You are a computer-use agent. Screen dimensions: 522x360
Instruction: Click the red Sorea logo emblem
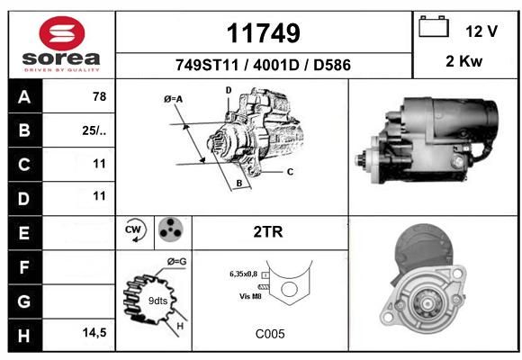[x=62, y=33]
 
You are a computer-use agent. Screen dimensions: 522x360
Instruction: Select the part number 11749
[x=264, y=33]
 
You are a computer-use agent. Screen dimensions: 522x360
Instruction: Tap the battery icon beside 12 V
[x=434, y=26]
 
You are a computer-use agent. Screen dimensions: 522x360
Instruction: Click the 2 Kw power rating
[x=464, y=61]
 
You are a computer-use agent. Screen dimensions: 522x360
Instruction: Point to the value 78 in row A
[x=100, y=96]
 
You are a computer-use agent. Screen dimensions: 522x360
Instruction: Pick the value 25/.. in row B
[x=94, y=130]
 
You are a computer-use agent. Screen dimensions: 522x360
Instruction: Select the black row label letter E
[x=24, y=233]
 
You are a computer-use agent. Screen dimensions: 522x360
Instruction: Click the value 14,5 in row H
[x=94, y=332]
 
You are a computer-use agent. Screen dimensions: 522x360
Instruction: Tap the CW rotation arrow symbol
[x=134, y=229]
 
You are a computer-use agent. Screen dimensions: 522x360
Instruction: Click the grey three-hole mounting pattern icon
[x=170, y=229]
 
